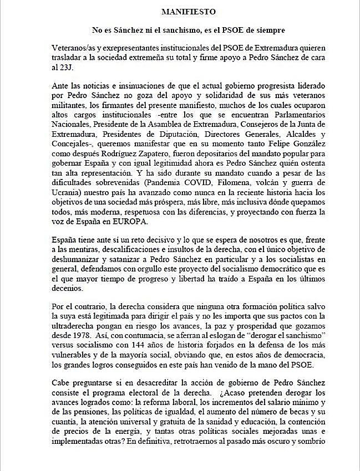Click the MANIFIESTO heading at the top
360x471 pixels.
coord(185,11)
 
